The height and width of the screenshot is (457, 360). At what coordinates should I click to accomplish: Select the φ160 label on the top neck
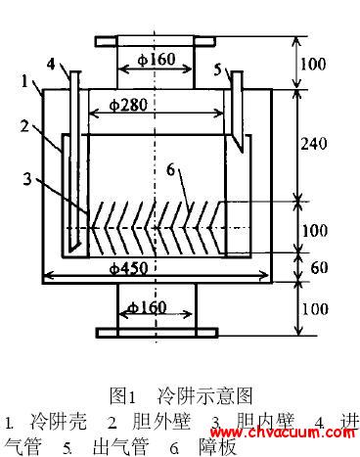[157, 60]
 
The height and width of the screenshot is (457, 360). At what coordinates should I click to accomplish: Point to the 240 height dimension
[315, 144]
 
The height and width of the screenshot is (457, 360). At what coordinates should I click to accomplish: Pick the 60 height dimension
[316, 266]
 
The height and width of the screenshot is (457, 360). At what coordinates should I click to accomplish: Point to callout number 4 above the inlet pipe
[50, 66]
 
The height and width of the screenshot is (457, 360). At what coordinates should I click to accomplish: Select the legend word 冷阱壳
[59, 423]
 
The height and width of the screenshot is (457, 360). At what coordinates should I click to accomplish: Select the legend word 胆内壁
[264, 423]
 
